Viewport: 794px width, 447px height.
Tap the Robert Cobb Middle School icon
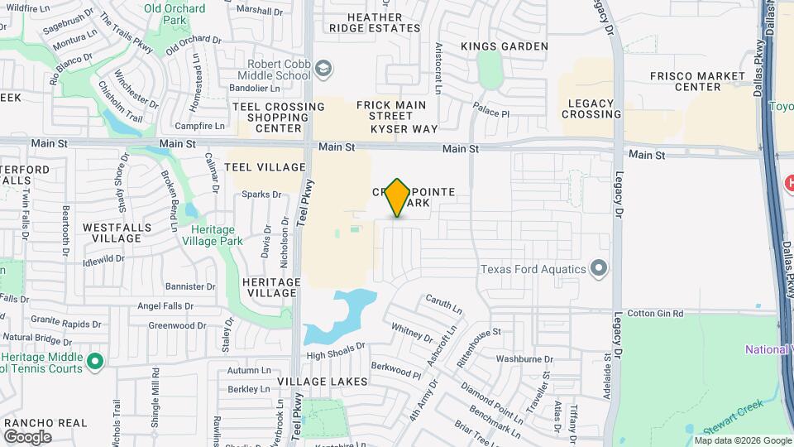[x=325, y=69]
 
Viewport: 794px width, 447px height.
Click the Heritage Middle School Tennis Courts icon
[x=95, y=361]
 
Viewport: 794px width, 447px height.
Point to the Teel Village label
[x=265, y=167]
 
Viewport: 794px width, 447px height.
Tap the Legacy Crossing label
[x=591, y=108]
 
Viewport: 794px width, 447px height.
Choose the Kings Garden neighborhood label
[x=505, y=46]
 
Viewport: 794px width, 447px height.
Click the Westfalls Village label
[x=112, y=232]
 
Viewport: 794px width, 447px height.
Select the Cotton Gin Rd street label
[x=655, y=314]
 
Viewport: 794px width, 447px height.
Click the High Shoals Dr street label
[x=335, y=355]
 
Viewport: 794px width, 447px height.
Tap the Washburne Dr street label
[x=524, y=359]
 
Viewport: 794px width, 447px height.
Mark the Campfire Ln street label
[x=200, y=126]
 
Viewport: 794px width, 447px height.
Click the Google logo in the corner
[x=27, y=436]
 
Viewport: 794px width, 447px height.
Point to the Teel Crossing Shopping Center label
[x=278, y=118]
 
